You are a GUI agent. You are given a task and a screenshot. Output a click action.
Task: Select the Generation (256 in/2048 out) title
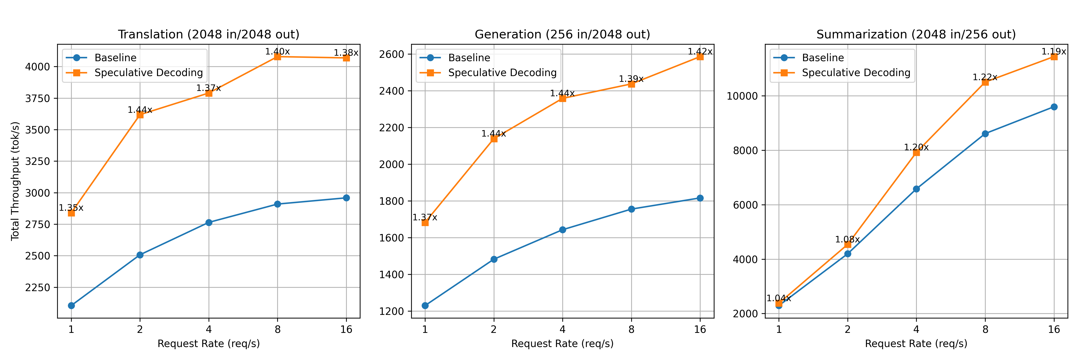point(562,34)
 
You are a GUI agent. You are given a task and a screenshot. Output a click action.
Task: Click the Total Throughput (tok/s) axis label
point(15,181)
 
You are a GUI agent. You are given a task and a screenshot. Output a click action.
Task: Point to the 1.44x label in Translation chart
point(140,110)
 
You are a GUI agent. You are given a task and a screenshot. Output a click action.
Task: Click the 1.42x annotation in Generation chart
point(700,52)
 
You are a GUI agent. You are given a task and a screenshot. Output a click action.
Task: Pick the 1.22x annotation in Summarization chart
point(985,77)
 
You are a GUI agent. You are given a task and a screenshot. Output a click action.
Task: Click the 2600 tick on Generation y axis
point(392,54)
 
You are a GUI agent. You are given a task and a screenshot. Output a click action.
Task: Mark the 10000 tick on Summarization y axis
point(742,96)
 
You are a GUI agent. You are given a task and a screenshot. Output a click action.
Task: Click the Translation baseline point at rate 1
point(71,306)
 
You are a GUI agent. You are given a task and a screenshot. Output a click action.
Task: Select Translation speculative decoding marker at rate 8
point(277,57)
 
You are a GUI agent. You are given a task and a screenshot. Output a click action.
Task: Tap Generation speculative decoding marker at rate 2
point(494,139)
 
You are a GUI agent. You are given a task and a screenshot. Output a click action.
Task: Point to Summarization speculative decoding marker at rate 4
point(917,153)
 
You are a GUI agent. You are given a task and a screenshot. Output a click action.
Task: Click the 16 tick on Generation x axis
point(700,330)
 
